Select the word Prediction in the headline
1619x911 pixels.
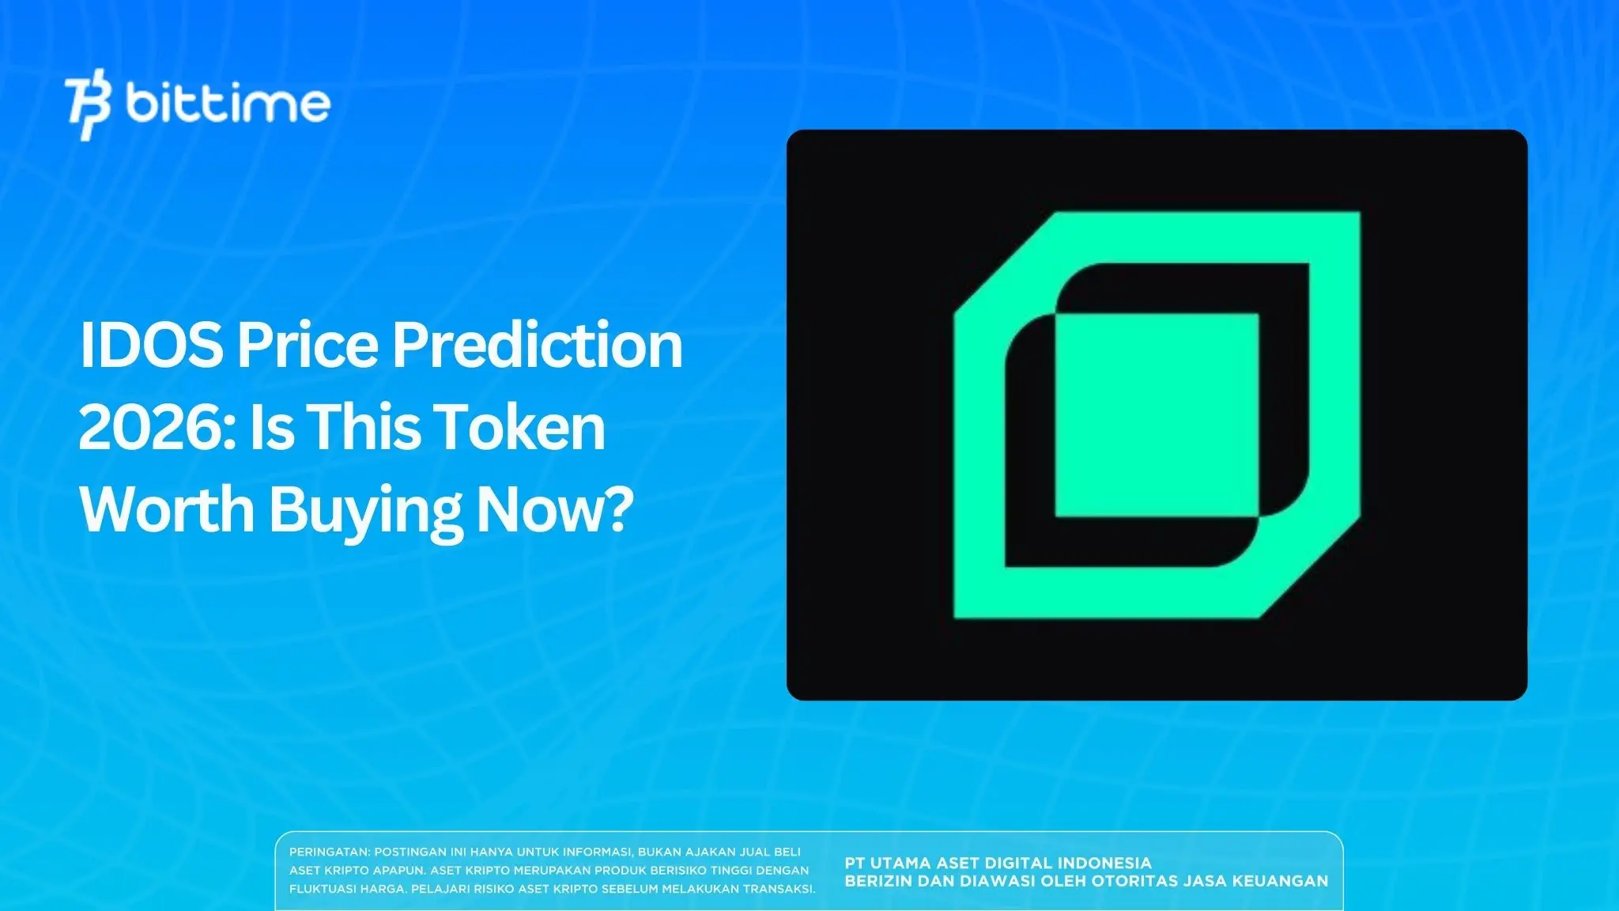point(538,346)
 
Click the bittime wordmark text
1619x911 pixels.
point(228,104)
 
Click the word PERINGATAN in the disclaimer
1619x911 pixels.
point(329,852)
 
